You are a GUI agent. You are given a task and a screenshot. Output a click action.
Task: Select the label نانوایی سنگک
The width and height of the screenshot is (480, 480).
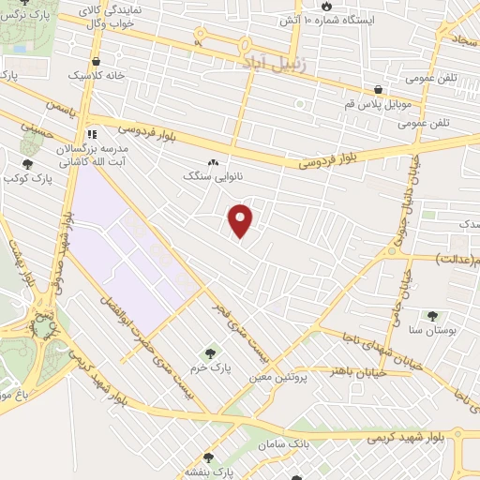[x=205, y=175]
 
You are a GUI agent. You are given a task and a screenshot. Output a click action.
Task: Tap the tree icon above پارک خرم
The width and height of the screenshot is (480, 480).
[x=210, y=353]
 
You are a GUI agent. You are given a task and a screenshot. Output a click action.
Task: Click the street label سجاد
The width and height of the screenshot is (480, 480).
[x=465, y=38]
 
